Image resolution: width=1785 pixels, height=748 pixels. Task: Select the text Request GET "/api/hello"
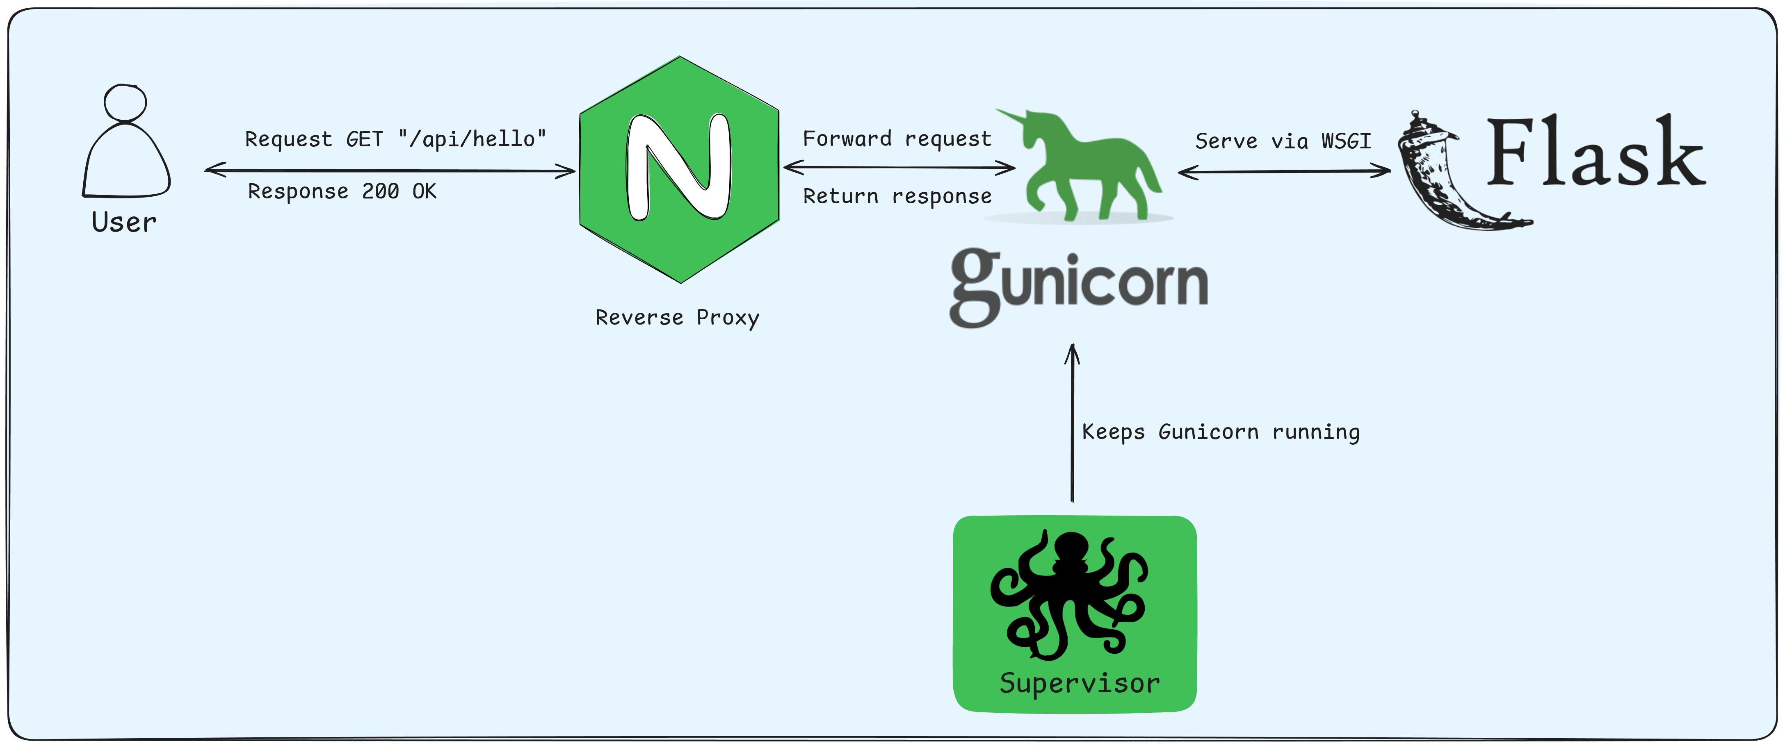(x=396, y=139)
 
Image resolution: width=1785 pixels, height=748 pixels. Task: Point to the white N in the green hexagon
(x=678, y=168)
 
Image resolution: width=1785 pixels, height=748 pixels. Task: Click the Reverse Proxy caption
(x=677, y=318)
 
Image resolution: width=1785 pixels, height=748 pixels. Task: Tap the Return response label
(x=897, y=197)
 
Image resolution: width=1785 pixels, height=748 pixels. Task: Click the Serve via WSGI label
(x=1283, y=141)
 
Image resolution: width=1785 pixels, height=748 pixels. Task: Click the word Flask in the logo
(x=1595, y=154)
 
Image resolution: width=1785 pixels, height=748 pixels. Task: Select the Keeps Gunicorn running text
(x=1220, y=432)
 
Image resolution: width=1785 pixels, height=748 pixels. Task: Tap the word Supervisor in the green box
(x=1079, y=684)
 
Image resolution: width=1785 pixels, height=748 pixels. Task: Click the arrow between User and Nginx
(x=390, y=171)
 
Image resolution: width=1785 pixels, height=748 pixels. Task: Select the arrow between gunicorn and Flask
(x=1284, y=171)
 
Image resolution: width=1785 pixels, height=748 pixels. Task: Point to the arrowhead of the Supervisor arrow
(x=1072, y=352)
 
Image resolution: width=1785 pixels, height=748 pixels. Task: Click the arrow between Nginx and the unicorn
(x=899, y=167)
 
